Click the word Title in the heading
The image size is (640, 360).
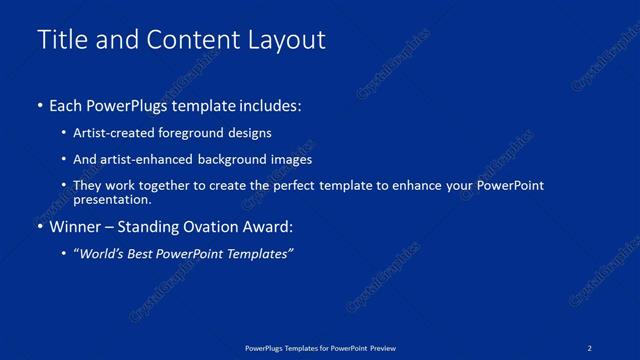(62, 40)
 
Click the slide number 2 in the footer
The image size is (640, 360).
(590, 347)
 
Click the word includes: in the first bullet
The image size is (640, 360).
(265, 105)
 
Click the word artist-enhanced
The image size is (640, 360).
(144, 159)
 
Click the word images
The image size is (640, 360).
(291, 159)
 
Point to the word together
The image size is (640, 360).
(168, 186)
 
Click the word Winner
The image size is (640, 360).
(76, 227)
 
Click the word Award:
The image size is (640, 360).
(270, 227)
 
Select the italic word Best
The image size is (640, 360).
(149, 254)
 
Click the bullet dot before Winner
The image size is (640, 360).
(40, 227)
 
